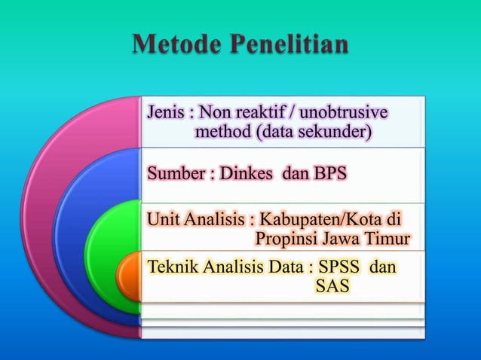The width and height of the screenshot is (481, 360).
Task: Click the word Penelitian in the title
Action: click(x=290, y=44)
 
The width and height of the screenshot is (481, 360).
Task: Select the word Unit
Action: click(x=162, y=221)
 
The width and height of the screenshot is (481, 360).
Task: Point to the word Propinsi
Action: click(x=286, y=239)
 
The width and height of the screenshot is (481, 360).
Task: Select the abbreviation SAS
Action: click(x=332, y=287)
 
